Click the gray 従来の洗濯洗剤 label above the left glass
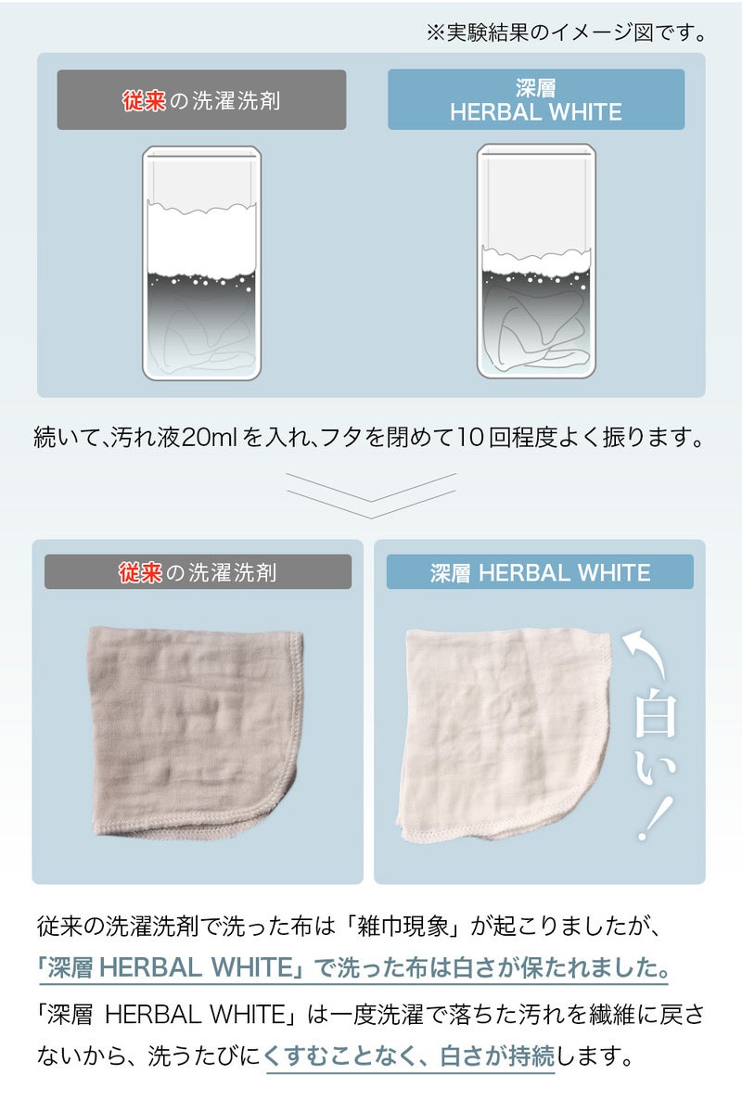(202, 100)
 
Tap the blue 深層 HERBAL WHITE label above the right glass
(536, 100)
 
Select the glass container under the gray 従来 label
(202, 263)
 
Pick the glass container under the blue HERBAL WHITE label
(536, 262)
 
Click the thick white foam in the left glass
(202, 241)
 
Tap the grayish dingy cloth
(197, 732)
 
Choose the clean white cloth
(505, 735)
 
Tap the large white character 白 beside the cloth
(656, 714)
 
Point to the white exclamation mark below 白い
(655, 819)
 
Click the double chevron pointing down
(371, 496)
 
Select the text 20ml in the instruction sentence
(209, 438)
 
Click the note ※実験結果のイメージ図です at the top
(566, 33)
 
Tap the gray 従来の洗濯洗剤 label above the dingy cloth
(198, 572)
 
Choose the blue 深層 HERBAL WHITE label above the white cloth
(540, 572)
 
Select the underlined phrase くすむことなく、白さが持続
(408, 1055)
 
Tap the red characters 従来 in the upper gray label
(144, 101)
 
